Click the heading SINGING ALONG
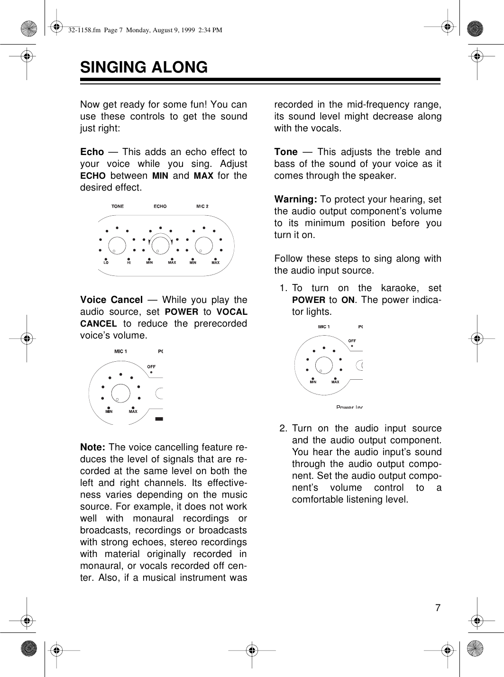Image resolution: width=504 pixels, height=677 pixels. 144,67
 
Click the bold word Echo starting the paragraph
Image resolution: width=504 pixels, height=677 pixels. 92,152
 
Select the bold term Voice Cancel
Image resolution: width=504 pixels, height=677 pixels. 111,300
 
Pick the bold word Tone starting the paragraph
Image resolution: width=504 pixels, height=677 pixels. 286,152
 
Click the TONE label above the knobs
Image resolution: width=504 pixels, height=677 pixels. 118,206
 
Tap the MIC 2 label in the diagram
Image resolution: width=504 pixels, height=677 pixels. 202,206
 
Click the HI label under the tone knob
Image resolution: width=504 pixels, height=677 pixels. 129,262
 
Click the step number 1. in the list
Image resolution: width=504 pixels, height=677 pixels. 284,288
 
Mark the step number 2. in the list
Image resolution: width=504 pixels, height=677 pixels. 284,428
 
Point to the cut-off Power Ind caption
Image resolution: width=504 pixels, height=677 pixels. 349,407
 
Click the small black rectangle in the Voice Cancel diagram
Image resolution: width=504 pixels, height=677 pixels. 159,419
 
